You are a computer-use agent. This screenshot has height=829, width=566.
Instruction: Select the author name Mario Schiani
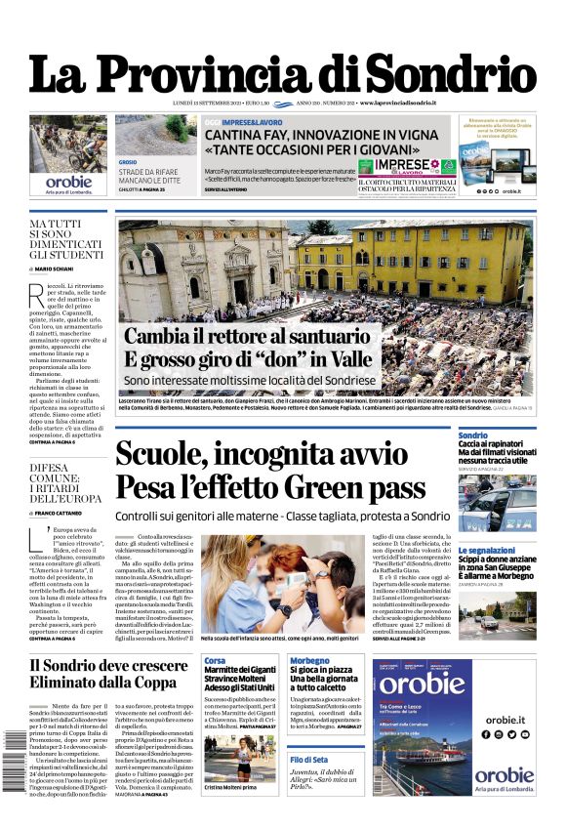61,268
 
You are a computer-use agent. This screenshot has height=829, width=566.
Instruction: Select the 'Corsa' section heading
215,661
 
